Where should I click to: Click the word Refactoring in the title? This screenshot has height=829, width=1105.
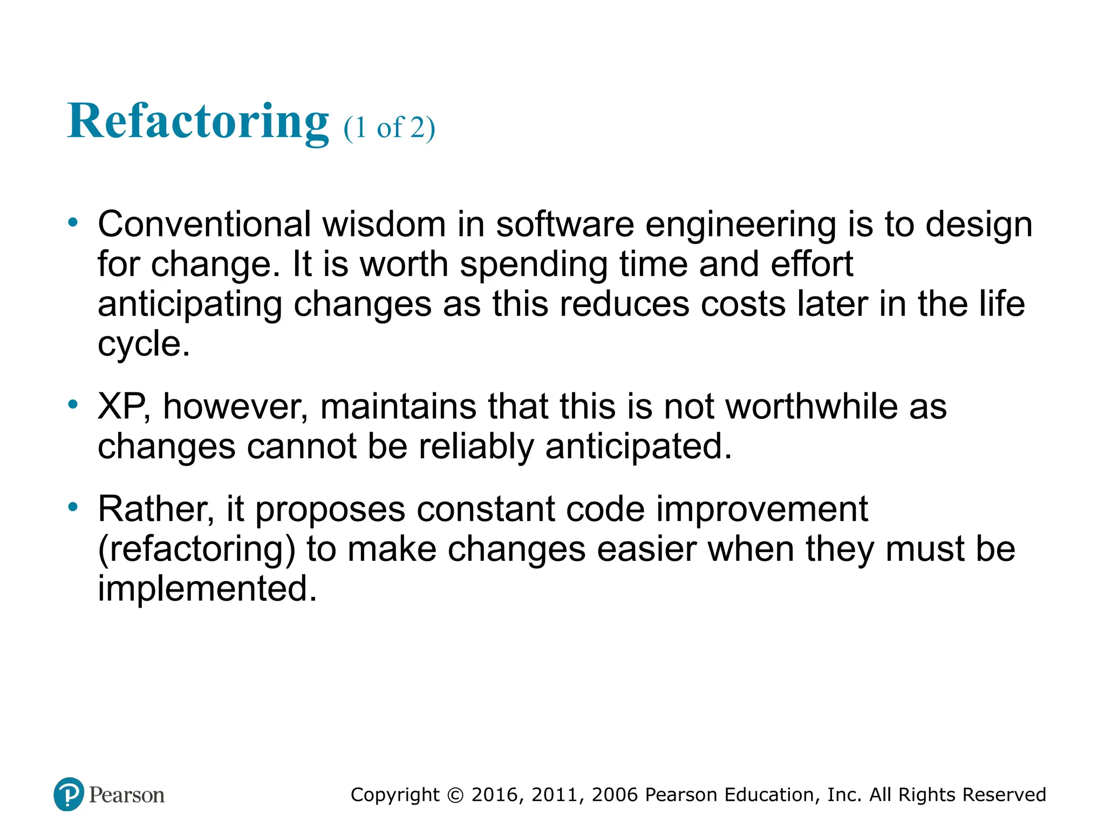[x=197, y=121]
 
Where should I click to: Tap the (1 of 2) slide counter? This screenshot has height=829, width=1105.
[x=389, y=128]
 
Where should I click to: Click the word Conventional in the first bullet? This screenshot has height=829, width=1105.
[x=204, y=224]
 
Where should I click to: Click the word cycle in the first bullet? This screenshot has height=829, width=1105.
[x=143, y=344]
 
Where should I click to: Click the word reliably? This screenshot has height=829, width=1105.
[x=476, y=447]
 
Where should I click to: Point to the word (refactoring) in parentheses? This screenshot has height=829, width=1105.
[x=196, y=549]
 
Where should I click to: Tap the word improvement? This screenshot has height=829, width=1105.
[x=762, y=509]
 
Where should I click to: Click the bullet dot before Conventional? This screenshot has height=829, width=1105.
[x=73, y=222]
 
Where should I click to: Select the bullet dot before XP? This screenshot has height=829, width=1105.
[x=73, y=404]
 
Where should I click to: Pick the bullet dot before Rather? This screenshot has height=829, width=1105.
[x=73, y=507]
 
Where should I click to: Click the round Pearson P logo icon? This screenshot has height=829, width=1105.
[x=69, y=794]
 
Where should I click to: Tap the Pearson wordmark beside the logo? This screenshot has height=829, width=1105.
[x=127, y=795]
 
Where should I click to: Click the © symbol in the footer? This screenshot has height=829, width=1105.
[x=455, y=795]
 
